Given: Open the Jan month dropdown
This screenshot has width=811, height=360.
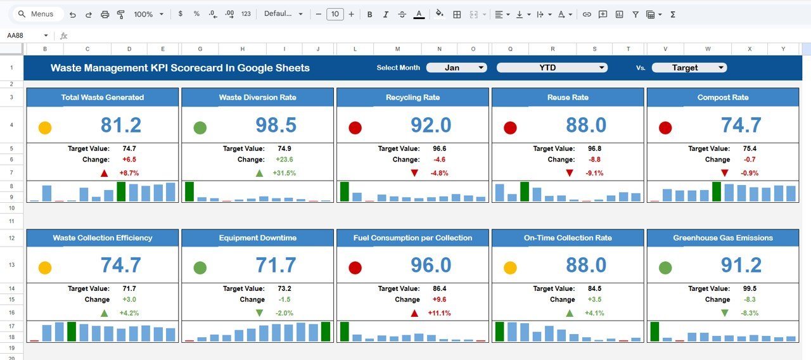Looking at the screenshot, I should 456,68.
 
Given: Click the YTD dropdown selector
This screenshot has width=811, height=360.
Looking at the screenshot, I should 551,68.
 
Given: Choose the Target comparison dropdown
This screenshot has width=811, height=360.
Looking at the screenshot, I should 689,68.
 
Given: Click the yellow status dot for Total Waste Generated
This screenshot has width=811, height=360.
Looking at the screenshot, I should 45,128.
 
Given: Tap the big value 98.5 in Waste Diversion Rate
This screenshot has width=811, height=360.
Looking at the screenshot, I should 276,125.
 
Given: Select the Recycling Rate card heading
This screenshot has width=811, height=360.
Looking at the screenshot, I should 412,98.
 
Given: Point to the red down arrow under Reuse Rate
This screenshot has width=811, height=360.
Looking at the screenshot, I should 570,173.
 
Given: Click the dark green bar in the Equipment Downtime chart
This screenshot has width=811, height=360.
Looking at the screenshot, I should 326,331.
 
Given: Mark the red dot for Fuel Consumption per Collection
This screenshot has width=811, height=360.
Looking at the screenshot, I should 355,268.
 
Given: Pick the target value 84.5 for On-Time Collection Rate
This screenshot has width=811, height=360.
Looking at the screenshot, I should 594,289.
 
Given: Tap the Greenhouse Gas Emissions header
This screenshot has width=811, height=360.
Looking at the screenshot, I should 722,238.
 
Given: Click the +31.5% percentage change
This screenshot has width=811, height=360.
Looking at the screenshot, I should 284,173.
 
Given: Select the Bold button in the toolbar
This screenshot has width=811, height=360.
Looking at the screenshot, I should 370,14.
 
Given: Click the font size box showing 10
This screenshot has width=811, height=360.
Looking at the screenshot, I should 335,14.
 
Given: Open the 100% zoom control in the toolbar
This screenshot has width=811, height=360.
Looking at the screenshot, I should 148,14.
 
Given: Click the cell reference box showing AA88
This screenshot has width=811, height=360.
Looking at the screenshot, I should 25,35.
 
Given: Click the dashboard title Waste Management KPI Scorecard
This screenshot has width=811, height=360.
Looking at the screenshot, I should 180,68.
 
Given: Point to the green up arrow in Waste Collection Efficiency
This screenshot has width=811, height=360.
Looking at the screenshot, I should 104,313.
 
